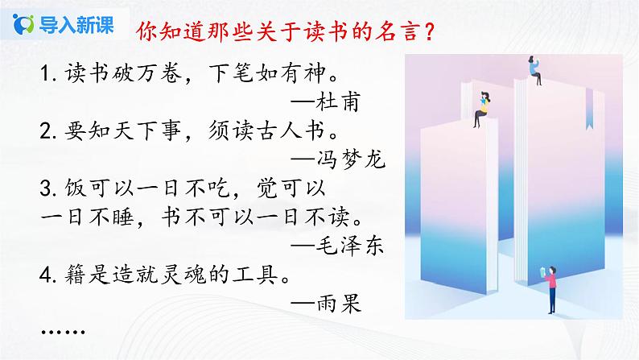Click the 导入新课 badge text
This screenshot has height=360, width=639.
pyautogui.click(x=71, y=23)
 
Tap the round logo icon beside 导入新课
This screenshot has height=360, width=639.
pyautogui.click(x=25, y=23)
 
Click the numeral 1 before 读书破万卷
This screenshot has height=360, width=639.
pyautogui.click(x=43, y=73)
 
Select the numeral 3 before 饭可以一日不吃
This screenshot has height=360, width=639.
pyautogui.click(x=43, y=189)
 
